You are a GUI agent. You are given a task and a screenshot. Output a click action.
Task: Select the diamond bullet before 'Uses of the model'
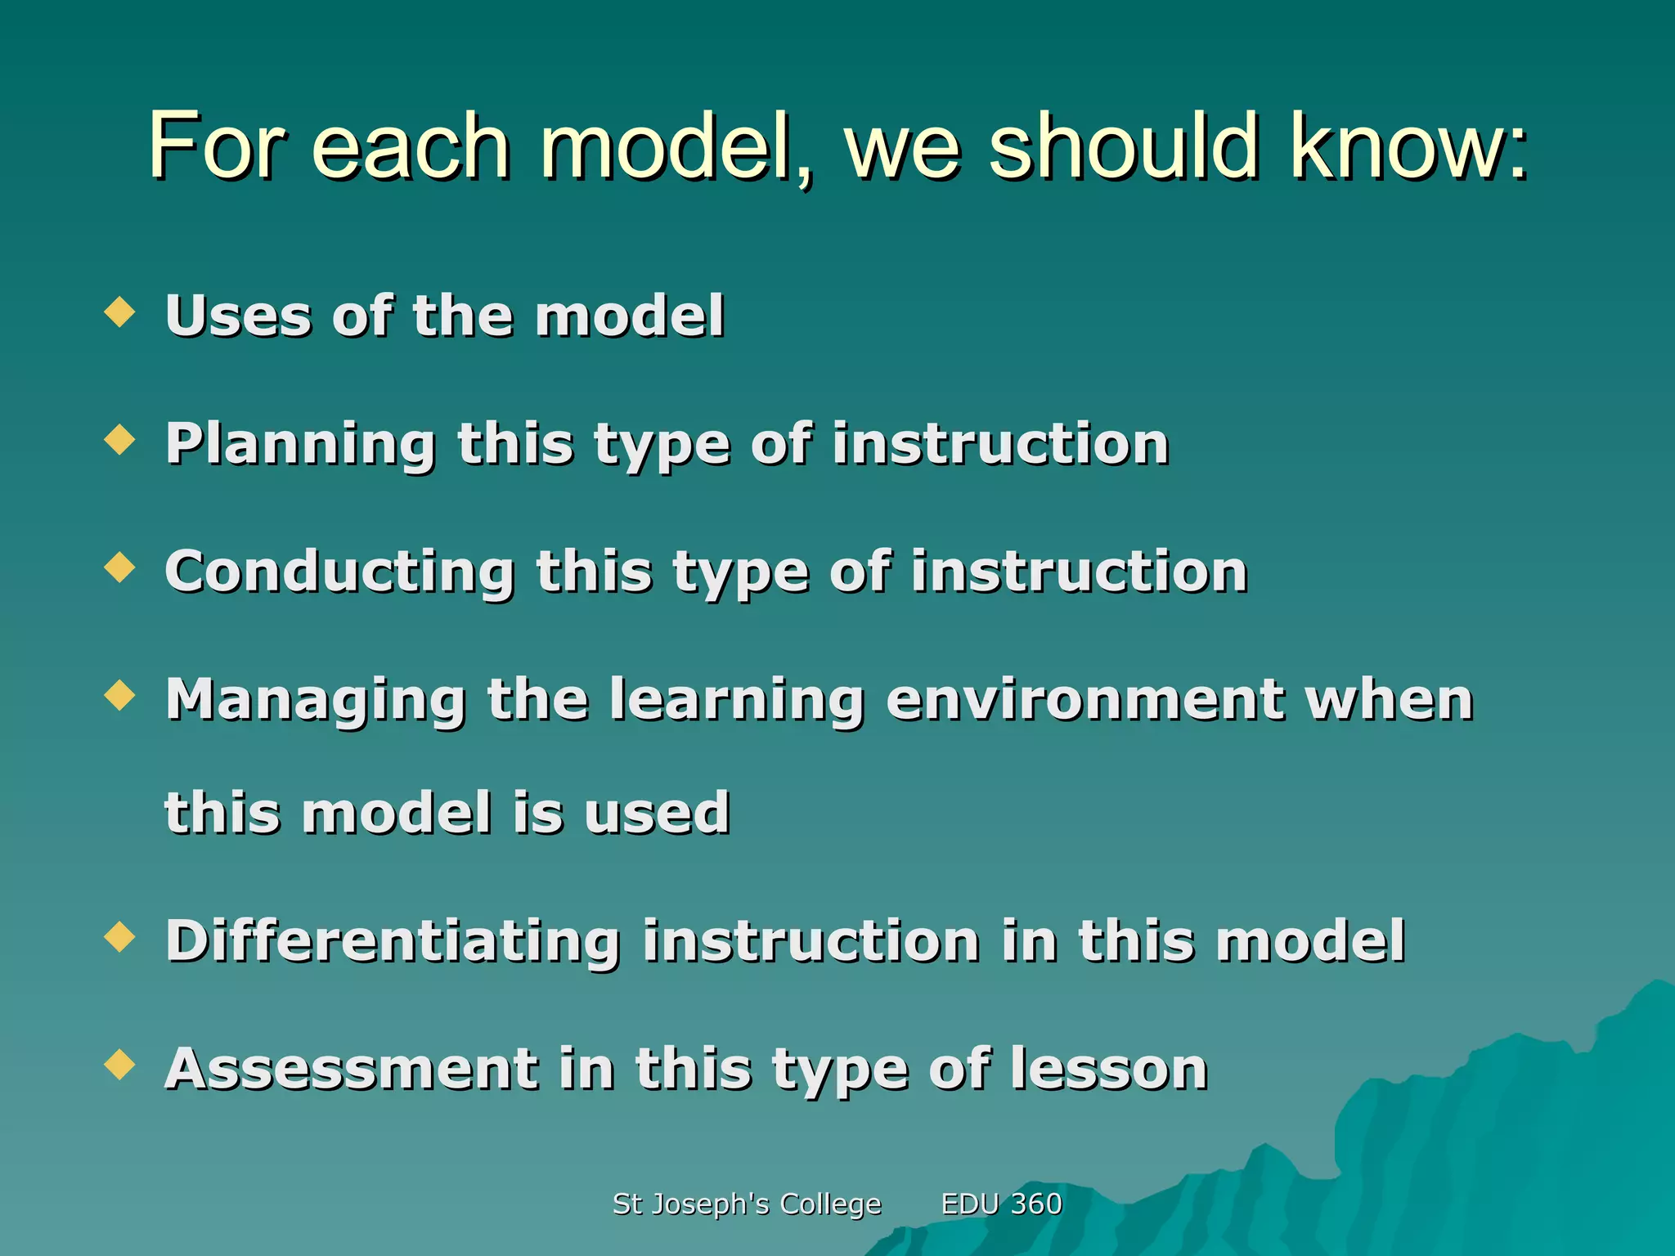(x=120, y=312)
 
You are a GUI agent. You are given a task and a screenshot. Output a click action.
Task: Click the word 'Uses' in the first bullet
(x=237, y=316)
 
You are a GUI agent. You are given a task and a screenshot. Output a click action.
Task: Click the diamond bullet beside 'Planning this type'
(x=120, y=439)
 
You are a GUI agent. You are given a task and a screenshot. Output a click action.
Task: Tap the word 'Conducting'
(x=339, y=572)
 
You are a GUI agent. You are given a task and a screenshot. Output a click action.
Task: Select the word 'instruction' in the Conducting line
(x=1079, y=572)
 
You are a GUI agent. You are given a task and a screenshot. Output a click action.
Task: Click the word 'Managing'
(x=315, y=700)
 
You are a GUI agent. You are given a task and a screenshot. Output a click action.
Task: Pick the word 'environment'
(x=1084, y=700)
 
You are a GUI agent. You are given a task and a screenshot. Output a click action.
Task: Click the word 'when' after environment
(x=1390, y=700)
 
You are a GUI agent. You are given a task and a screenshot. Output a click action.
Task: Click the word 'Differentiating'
(x=392, y=941)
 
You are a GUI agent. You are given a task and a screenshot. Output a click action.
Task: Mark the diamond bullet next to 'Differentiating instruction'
(x=120, y=937)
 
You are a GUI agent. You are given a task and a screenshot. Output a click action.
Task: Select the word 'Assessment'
(x=351, y=1069)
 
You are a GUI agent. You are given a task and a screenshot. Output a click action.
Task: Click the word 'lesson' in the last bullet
(x=1109, y=1069)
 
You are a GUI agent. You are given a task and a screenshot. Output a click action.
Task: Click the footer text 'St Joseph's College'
(x=747, y=1204)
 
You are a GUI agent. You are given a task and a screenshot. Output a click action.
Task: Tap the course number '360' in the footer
(x=1036, y=1204)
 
